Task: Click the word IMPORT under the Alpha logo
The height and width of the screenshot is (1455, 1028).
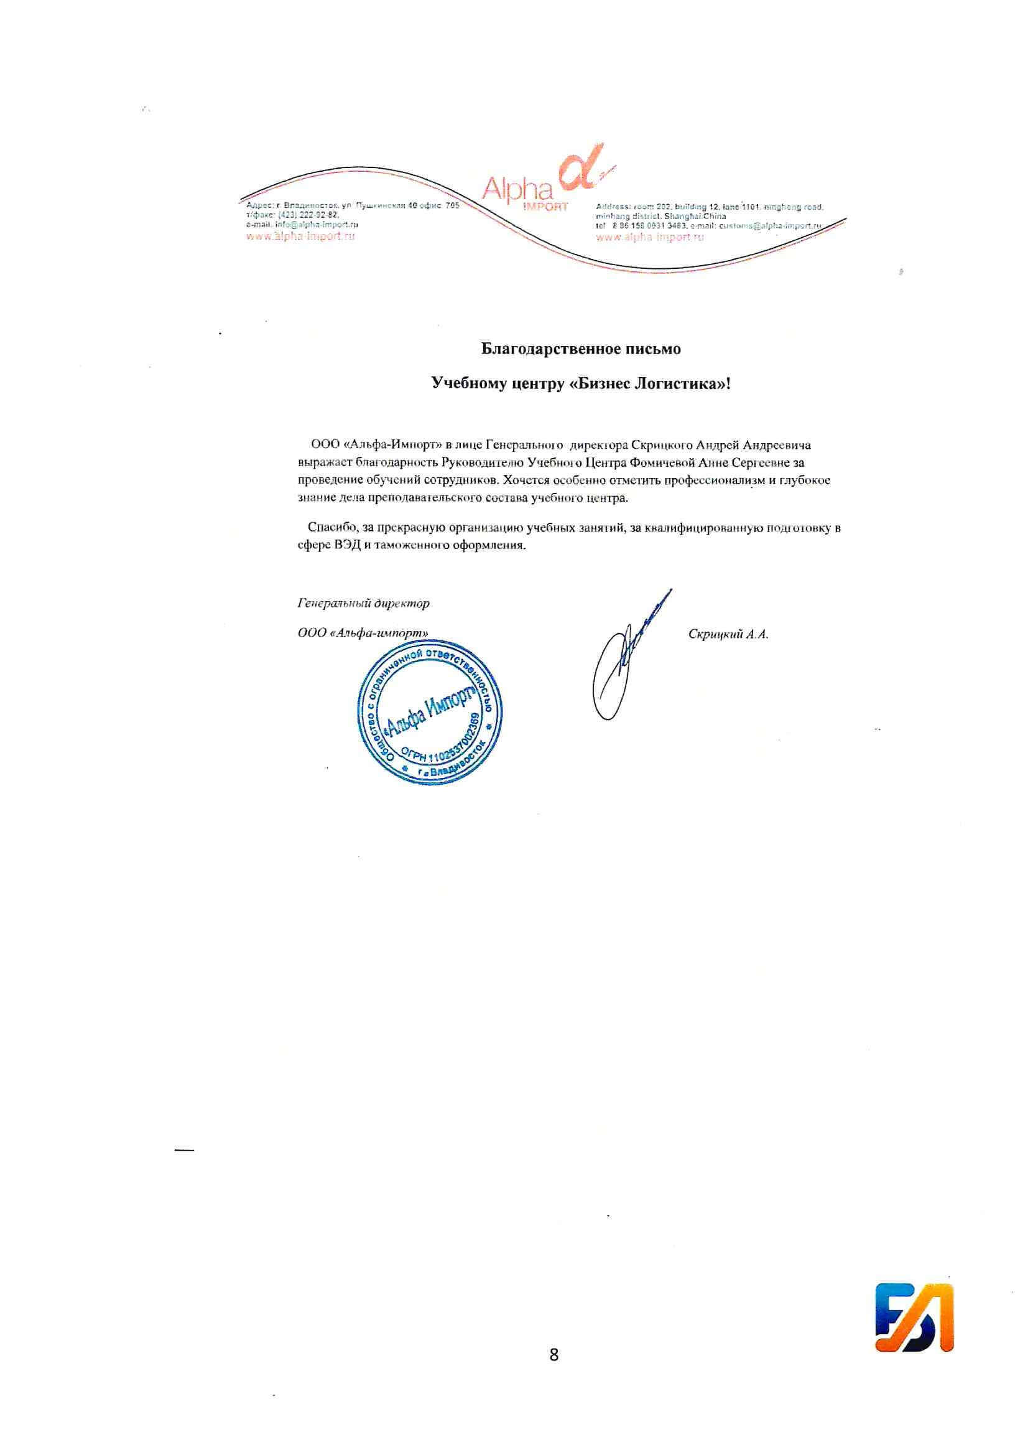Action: (x=547, y=207)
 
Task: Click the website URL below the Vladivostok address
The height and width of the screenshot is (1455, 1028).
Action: (x=300, y=236)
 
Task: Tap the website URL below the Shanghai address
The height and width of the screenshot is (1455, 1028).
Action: (x=650, y=238)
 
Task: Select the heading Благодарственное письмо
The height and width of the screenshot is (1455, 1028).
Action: (x=581, y=349)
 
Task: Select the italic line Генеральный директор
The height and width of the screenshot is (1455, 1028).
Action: (x=364, y=603)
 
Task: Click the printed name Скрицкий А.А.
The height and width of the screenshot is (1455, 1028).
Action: (x=728, y=634)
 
